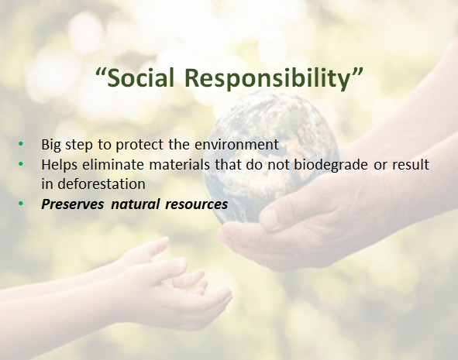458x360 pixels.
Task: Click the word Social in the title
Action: point(140,77)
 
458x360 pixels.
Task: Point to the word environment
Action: point(236,145)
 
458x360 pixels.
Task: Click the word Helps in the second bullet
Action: point(60,165)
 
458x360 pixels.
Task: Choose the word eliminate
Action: point(112,164)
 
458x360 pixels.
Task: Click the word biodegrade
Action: point(330,165)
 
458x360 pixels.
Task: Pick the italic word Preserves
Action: point(72,204)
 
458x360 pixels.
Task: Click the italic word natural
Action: point(136,204)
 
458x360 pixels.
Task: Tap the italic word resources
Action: point(196,204)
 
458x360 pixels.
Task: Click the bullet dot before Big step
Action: point(20,143)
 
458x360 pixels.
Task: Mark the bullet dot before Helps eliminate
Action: point(20,164)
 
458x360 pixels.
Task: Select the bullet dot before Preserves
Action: point(20,204)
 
